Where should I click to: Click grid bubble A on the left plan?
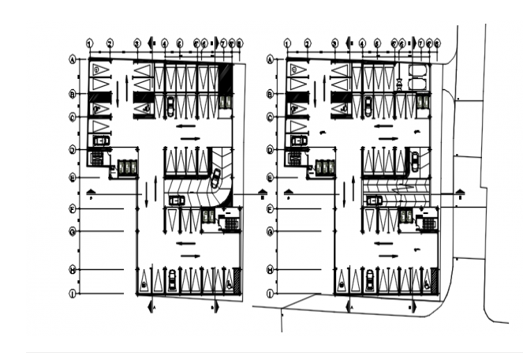coord(73,59)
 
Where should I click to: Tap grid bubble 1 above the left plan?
coord(90,43)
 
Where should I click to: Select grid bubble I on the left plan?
coord(73,294)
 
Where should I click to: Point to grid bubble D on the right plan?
coord(270,149)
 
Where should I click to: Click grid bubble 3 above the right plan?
coord(334,43)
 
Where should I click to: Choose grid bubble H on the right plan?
coord(270,270)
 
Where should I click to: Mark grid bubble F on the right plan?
coord(270,209)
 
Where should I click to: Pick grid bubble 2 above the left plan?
coord(110,43)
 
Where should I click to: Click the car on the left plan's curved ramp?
coord(215,178)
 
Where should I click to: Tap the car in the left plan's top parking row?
coord(170,104)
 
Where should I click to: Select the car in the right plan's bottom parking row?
coord(369,279)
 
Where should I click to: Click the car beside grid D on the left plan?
coord(101,141)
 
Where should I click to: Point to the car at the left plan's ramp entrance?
coord(176,201)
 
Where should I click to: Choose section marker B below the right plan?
coord(411,304)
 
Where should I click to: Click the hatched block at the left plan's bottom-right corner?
coord(237,279)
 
